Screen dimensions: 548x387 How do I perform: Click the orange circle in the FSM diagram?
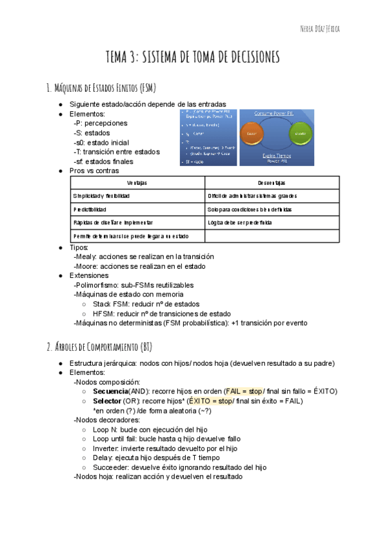252,134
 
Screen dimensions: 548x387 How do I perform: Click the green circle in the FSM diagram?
298,134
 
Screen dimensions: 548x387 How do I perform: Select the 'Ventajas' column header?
137,184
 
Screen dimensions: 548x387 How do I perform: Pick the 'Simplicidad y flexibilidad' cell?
102,196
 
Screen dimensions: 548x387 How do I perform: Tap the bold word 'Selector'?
106,401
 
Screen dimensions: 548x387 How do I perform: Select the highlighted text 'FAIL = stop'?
243,391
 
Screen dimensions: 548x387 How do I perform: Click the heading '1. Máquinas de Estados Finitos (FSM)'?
101,88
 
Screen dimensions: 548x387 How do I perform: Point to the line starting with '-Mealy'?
144,257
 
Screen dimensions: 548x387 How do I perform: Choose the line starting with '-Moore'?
139,266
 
